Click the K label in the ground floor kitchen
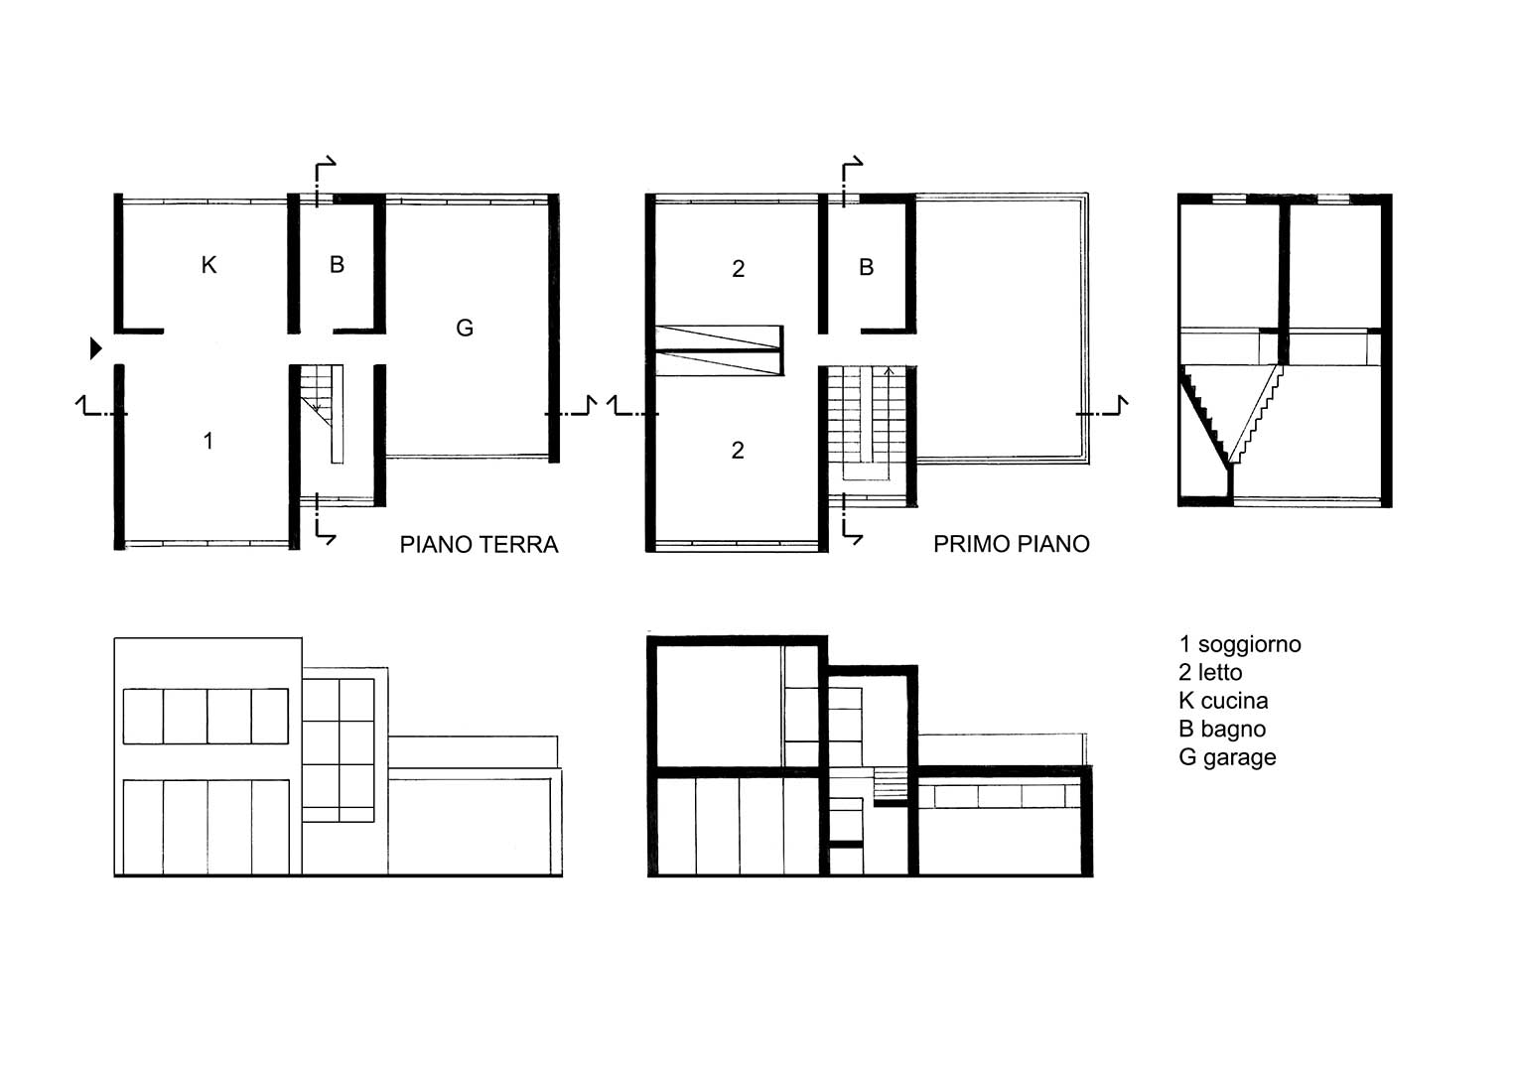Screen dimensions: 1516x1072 208,265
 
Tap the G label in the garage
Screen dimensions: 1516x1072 465,328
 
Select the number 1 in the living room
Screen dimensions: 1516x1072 207,441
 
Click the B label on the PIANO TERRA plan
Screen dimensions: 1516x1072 337,264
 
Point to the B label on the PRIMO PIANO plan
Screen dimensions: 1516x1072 866,267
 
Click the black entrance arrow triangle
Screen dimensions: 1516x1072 96,347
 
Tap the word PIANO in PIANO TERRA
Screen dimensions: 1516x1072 436,544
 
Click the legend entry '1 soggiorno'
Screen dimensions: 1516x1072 1239,644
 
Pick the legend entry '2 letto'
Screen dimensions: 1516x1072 1210,672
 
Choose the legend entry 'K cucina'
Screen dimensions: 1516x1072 1223,701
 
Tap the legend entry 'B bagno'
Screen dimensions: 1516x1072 1221,729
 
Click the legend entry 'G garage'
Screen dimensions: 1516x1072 1227,757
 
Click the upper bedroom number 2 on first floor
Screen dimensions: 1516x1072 738,269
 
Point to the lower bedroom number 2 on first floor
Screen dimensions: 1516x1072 738,450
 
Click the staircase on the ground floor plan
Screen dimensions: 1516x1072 322,414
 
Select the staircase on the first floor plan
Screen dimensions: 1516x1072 867,423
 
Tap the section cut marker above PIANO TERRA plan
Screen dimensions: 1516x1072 324,180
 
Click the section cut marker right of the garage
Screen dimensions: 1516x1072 571,407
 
